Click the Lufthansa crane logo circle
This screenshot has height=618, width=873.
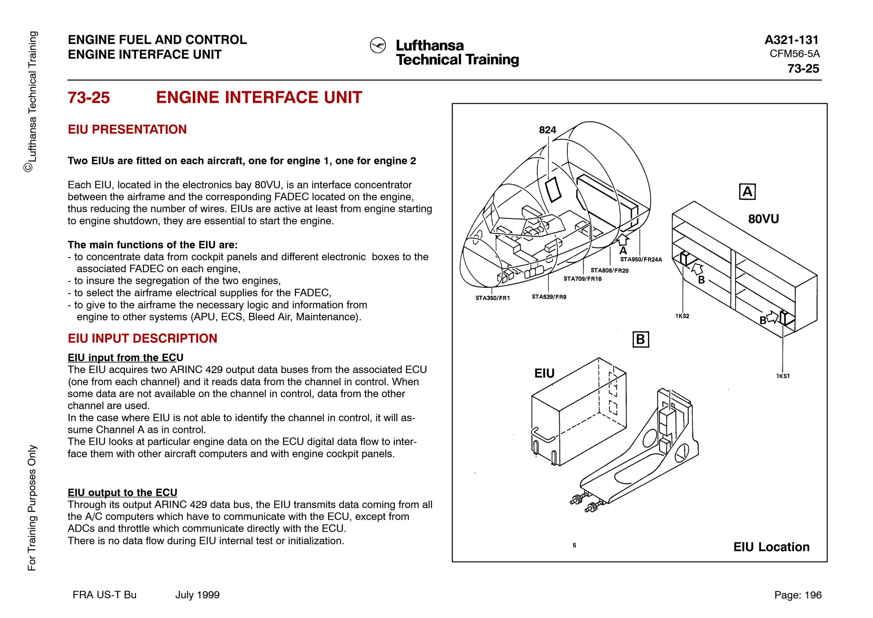[x=378, y=45]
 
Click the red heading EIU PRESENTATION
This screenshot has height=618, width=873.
[x=127, y=129]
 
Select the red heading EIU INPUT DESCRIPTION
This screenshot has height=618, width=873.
[x=142, y=338]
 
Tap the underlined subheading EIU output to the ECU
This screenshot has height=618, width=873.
[x=122, y=493]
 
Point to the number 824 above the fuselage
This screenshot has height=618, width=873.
[x=547, y=130]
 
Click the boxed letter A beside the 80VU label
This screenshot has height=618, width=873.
[x=747, y=191]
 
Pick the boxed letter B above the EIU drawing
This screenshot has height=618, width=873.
[x=640, y=339]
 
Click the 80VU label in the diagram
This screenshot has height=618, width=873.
[x=763, y=219]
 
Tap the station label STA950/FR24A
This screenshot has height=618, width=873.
[x=641, y=259]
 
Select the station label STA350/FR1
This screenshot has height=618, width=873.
[x=492, y=298]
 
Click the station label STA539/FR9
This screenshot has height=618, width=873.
[x=549, y=297]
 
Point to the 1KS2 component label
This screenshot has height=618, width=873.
[x=682, y=316]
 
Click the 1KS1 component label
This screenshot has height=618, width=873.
[x=783, y=376]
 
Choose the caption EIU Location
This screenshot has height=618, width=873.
[x=771, y=547]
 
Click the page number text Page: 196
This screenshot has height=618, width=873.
[x=798, y=595]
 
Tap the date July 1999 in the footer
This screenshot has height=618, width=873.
[x=197, y=595]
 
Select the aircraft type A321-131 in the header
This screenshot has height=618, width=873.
[x=792, y=40]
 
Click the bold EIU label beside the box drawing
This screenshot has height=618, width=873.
[x=544, y=373]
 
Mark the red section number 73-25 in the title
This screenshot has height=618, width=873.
[x=89, y=98]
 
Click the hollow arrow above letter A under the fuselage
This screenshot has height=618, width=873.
[x=623, y=239]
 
